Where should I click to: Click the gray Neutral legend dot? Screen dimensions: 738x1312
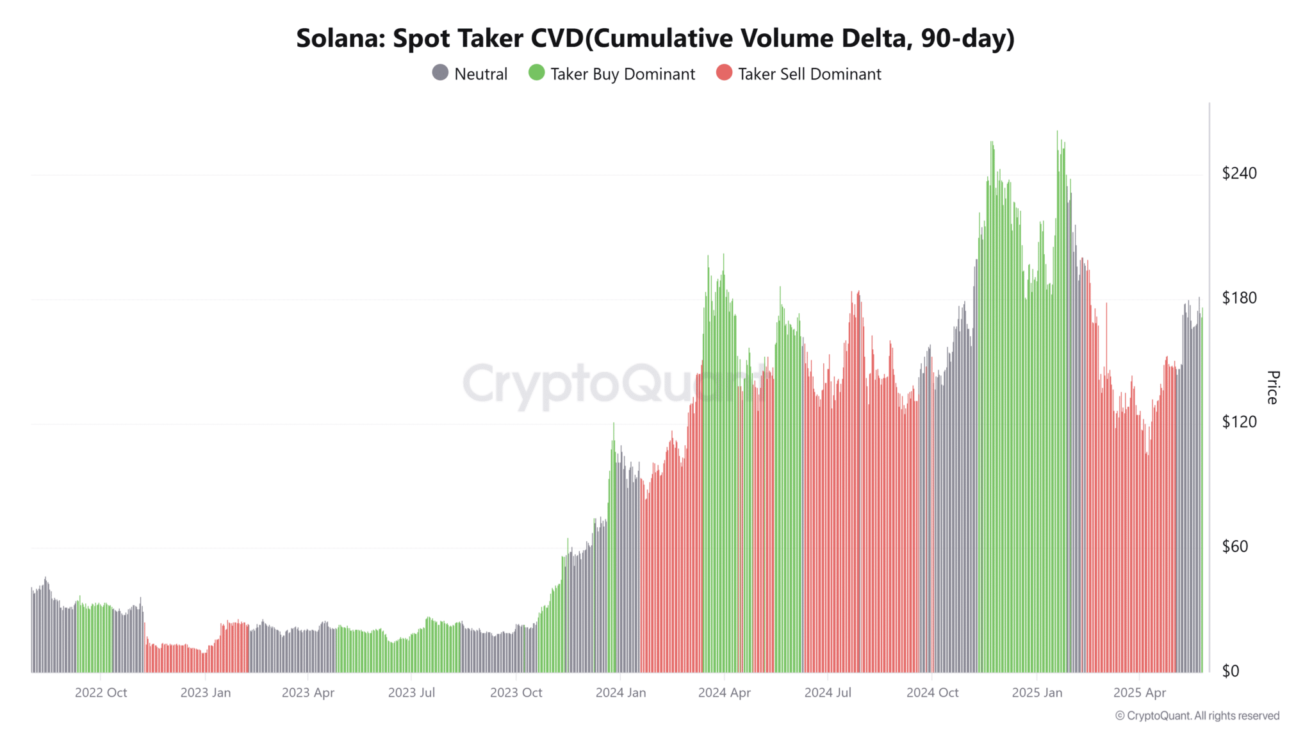tap(440, 73)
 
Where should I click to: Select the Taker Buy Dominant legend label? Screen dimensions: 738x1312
tap(622, 74)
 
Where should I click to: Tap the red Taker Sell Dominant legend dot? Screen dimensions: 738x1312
tap(724, 73)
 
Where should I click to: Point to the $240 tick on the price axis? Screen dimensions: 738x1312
tap(1239, 173)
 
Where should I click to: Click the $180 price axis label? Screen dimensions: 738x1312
tap(1239, 298)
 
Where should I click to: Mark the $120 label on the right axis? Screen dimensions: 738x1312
tap(1239, 422)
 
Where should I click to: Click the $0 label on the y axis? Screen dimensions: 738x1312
tap(1230, 671)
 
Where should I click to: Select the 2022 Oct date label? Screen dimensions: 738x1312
tap(101, 693)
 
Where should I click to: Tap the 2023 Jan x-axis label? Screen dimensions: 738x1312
tap(205, 693)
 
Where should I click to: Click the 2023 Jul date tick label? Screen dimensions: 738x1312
tap(411, 693)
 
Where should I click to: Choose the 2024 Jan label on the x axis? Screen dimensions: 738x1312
tap(620, 693)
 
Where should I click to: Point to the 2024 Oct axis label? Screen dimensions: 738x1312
tap(932, 693)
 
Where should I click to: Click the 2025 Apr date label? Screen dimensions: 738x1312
tap(1139, 693)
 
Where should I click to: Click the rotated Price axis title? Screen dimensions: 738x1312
tap(1272, 387)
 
